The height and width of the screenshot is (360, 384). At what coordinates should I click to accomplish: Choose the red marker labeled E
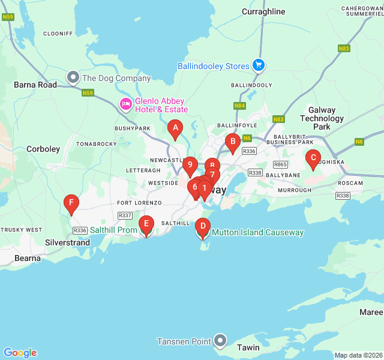coord(145,226)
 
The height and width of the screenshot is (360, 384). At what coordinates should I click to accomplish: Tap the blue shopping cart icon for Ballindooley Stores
coord(259,65)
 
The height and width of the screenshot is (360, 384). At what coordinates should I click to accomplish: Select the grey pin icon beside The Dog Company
coord(73,77)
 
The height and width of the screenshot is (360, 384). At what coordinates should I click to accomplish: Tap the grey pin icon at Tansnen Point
coord(221,341)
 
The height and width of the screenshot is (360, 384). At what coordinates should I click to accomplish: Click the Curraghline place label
coord(263,11)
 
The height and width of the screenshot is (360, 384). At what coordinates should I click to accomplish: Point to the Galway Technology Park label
coord(322,118)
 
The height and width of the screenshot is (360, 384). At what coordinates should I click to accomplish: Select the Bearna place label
coord(28,258)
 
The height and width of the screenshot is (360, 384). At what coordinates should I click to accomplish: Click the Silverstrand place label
coord(68,243)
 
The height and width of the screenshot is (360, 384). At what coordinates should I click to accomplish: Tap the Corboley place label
coord(43,149)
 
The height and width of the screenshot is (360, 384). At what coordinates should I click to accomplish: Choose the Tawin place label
coord(248,347)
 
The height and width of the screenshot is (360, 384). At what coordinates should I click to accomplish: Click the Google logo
coord(20,353)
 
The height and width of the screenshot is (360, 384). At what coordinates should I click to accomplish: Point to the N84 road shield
coord(240,106)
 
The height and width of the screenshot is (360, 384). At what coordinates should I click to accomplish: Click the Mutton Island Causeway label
coord(257,232)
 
